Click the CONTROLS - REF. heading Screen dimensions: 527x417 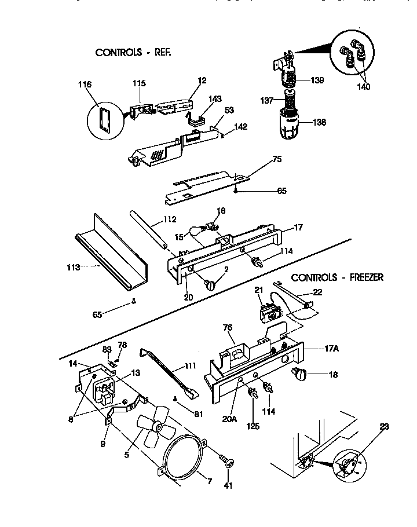click(133, 52)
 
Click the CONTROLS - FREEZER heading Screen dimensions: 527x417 click(337, 277)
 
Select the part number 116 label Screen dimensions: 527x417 click(85, 85)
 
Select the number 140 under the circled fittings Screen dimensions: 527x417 click(363, 87)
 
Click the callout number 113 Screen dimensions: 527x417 click(74, 268)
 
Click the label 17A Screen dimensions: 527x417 click(316, 349)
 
